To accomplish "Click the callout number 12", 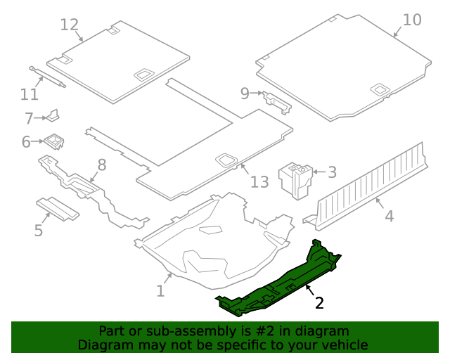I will coord(69,25).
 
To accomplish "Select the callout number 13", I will coord(259,182).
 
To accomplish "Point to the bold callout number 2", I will coord(319,303).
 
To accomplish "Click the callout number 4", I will coord(389,216).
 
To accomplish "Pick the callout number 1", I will coord(160,290).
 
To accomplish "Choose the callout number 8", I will coord(102,165).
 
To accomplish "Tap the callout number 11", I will coord(29,94).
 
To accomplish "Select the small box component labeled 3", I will coord(295,179).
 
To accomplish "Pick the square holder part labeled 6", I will coord(53,142).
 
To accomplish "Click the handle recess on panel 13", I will coord(227,160).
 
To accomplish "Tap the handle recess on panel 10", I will coord(380,89).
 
